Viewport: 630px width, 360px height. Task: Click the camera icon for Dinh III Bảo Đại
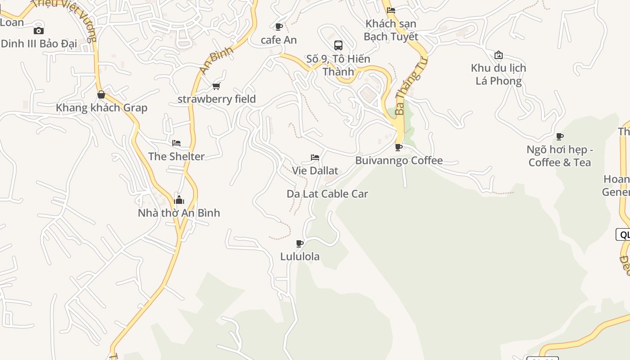(x=39, y=31)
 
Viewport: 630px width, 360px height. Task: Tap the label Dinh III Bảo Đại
(x=39, y=44)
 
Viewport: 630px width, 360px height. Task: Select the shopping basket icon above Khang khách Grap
(x=101, y=94)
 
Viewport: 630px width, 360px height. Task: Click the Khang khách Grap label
(x=101, y=108)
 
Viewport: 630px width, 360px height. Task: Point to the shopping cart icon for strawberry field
(x=216, y=86)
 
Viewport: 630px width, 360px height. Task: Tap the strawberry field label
(x=216, y=99)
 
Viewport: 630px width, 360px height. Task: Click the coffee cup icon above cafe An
(x=279, y=27)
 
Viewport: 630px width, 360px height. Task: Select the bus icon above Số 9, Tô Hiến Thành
(x=338, y=45)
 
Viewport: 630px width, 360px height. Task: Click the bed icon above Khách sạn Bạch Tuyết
(x=391, y=10)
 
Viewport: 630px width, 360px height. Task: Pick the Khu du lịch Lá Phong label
(x=499, y=74)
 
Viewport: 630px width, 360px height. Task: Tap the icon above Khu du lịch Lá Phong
(x=499, y=55)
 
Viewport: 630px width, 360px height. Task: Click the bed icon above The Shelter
(x=176, y=143)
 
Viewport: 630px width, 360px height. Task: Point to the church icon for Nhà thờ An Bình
(x=179, y=199)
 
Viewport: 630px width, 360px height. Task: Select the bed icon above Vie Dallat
(x=315, y=157)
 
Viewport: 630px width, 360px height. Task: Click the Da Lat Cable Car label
(x=327, y=194)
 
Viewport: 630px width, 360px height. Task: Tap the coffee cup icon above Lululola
(x=300, y=243)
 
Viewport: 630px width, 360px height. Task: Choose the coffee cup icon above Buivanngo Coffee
(x=399, y=147)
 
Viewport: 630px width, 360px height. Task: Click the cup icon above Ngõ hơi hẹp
(x=560, y=136)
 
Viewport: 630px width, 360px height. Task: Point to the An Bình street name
(x=216, y=60)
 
